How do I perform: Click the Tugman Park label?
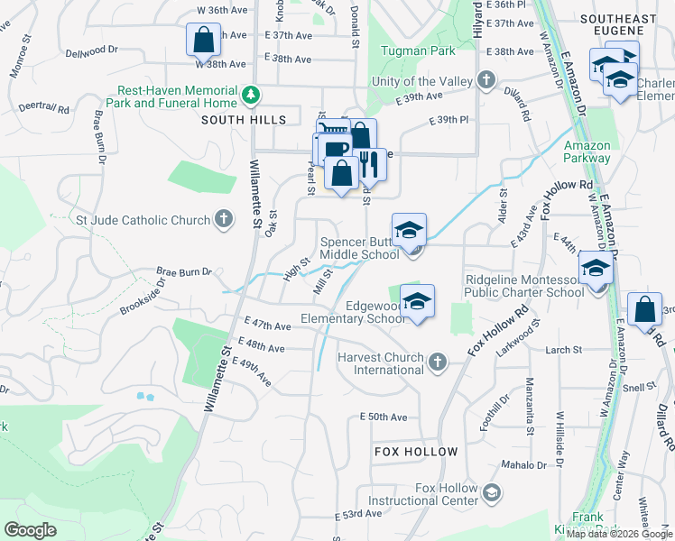point(418,51)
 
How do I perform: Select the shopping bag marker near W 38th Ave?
point(204,41)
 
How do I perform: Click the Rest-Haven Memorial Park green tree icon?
point(254,93)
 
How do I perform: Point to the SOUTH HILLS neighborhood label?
point(244,120)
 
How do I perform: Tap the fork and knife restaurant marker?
point(368,164)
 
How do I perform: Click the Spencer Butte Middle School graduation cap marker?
point(410,229)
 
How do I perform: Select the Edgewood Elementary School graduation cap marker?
point(417,301)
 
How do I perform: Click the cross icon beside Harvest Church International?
point(438,362)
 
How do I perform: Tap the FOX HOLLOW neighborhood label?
point(416,451)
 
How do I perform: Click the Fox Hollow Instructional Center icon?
point(492,492)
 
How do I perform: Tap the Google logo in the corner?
point(31,529)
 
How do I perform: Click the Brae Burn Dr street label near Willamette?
point(183,270)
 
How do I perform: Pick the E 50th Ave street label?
point(384,417)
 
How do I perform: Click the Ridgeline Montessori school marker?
point(595,268)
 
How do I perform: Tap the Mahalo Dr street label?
point(526,465)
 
